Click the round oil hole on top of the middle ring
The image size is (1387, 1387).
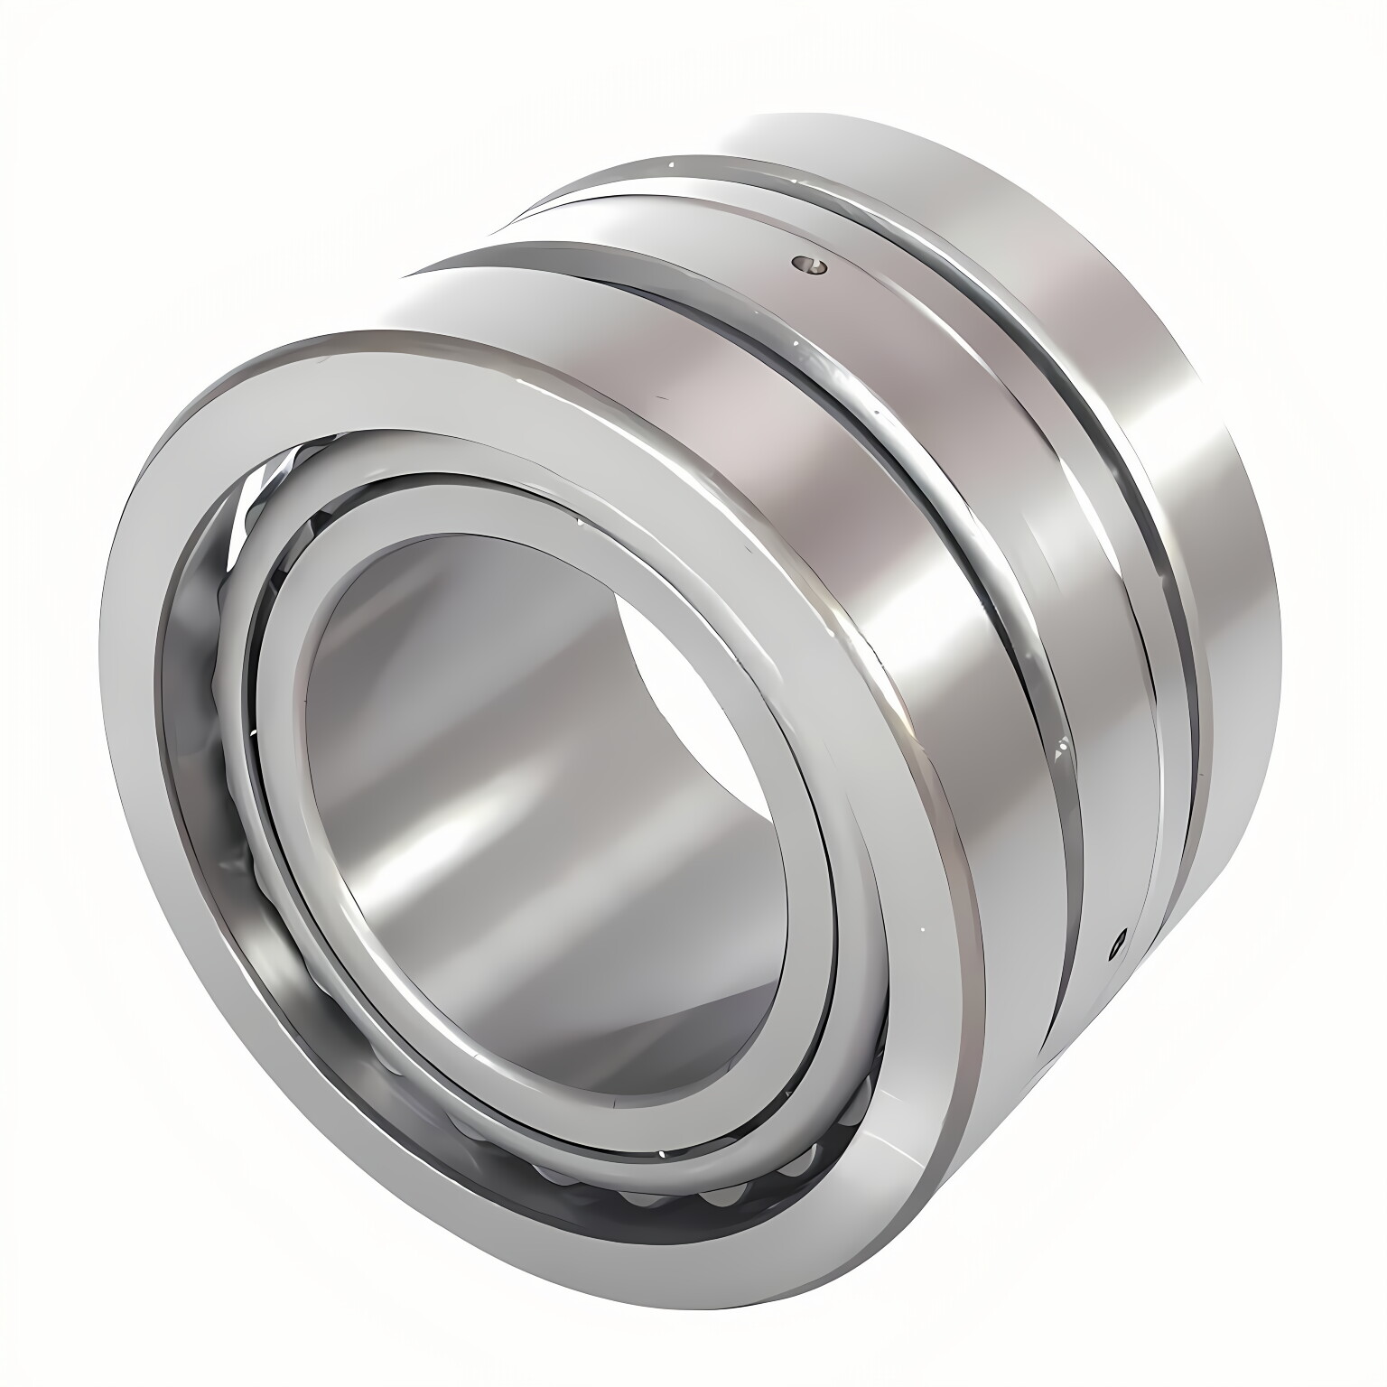(x=809, y=263)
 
